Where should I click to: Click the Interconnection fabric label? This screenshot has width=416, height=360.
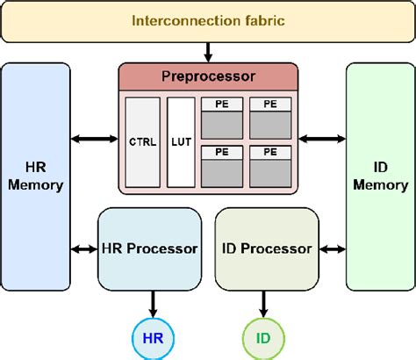pos(207,19)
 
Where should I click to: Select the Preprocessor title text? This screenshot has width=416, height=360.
pos(208,76)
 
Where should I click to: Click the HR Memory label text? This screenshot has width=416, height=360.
pos(35,176)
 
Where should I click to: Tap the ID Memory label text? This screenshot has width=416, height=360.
pos(380,176)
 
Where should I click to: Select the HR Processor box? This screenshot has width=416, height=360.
pos(149,248)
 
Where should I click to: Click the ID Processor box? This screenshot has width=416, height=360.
pos(266,248)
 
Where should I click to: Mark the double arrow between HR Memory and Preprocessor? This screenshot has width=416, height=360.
pos(94,138)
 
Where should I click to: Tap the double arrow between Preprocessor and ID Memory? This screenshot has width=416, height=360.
pos(322,138)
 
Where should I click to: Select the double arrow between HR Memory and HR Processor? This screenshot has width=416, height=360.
pos(83,249)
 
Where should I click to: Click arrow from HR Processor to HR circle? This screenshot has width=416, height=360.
pos(153,305)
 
